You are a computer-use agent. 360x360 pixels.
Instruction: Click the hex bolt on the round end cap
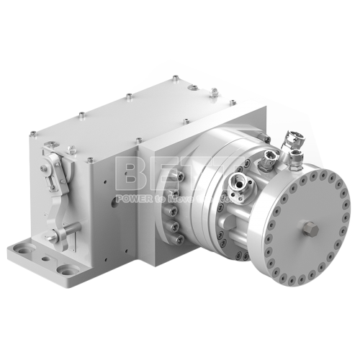(312, 229)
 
